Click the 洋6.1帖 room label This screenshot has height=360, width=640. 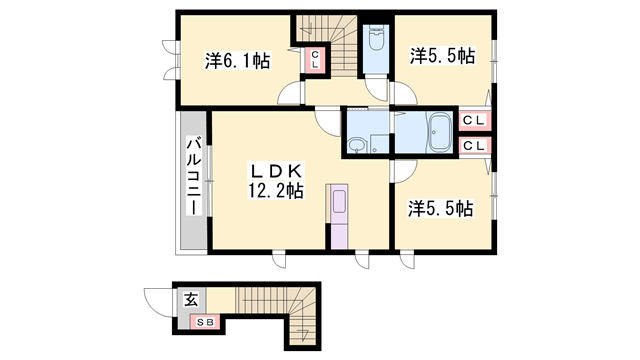[237, 61]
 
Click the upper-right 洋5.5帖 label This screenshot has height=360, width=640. [440, 56]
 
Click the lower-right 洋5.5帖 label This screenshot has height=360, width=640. [440, 209]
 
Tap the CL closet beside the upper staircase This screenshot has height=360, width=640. [313, 58]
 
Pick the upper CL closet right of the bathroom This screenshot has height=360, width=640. [474, 121]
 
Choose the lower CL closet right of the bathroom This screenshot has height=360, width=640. [474, 146]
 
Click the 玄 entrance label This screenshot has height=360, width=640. [190, 299]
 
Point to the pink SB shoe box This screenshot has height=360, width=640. [206, 322]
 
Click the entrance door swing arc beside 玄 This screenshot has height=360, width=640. [157, 300]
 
